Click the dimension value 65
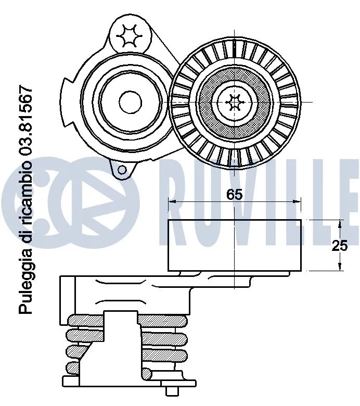(x=235, y=195)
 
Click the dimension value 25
(x=340, y=246)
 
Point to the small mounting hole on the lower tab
(x=122, y=169)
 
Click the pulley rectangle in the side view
(x=235, y=245)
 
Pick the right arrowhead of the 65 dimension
(x=297, y=201)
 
